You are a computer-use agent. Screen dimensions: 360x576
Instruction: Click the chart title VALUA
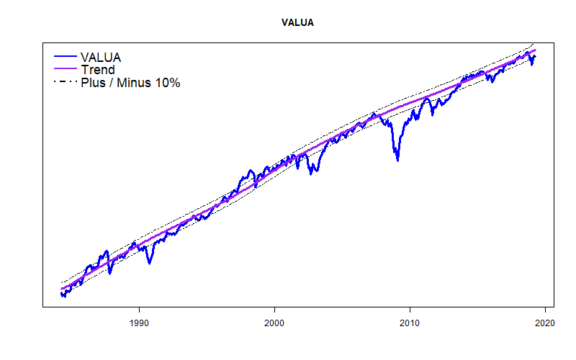coord(297,23)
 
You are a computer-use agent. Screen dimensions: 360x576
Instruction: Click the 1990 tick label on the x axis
coord(139,323)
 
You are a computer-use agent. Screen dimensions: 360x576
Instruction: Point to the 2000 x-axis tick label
coord(274,323)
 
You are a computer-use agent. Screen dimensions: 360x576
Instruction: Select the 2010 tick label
coord(410,323)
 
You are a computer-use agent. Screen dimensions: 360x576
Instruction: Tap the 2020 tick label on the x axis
coord(545,323)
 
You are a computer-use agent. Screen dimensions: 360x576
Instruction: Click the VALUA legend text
coord(101,57)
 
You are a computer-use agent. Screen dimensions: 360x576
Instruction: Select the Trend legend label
coord(97,70)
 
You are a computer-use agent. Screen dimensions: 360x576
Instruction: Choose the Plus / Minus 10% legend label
coord(130,83)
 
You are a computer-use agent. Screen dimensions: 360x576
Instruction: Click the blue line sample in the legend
coord(64,57)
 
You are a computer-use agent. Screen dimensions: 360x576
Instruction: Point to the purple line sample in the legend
coord(64,70)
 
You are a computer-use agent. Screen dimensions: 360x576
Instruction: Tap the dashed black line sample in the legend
coord(64,83)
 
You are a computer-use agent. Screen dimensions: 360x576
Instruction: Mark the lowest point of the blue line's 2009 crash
coord(397,160)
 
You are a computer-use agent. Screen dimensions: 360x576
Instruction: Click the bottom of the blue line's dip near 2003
coord(311,174)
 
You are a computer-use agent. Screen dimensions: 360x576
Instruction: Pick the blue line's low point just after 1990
coord(149,263)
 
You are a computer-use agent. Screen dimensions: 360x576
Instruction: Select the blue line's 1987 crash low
coord(110,274)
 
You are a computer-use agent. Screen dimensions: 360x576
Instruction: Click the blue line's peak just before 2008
coord(373,113)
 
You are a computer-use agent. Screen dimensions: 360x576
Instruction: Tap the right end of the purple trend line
coord(536,50)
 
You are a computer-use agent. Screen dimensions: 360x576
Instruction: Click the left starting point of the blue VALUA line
coord(61,293)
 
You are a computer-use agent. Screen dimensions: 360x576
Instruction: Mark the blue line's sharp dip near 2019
coord(532,65)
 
